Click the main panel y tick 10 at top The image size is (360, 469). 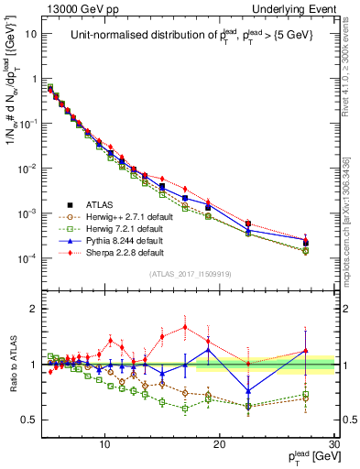coord(31,34)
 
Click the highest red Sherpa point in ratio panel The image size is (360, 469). coord(186,326)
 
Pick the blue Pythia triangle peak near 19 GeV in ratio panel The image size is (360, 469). coord(209,349)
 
